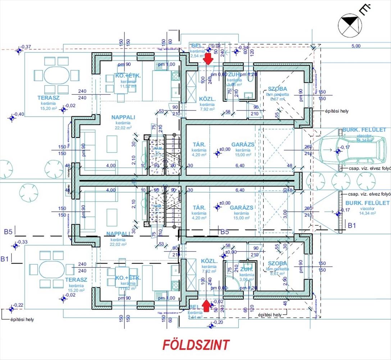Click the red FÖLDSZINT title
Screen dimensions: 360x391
[x=196, y=345]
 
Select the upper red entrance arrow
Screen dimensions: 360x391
[x=208, y=58]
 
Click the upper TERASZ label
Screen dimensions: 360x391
[x=48, y=98]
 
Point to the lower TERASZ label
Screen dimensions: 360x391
[x=76, y=280]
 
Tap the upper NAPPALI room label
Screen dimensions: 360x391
[x=123, y=117]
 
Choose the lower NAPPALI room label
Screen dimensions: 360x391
[x=118, y=234]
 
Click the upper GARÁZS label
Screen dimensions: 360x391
[x=243, y=144]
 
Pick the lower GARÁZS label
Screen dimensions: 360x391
[x=241, y=208]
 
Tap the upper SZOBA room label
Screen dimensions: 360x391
[x=277, y=89]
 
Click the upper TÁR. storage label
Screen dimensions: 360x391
[x=199, y=144]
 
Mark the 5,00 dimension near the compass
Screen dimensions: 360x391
[x=355, y=46]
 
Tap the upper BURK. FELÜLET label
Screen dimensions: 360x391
[x=364, y=130]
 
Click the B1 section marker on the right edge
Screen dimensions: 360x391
[x=352, y=226]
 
